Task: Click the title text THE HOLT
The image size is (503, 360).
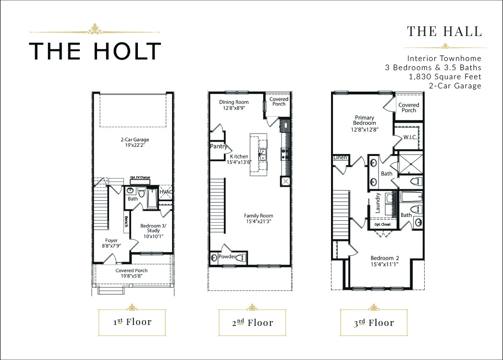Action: pyautogui.click(x=95, y=51)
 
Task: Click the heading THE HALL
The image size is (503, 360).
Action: pyautogui.click(x=444, y=31)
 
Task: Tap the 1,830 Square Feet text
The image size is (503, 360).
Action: pyautogui.click(x=445, y=77)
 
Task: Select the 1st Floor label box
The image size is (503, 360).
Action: pyautogui.click(x=132, y=322)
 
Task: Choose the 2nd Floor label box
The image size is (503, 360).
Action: pyautogui.click(x=252, y=322)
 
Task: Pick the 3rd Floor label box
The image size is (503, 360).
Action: pyautogui.click(x=374, y=322)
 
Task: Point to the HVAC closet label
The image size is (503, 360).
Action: pyautogui.click(x=166, y=192)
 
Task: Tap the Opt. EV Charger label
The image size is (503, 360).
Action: pyautogui.click(x=140, y=177)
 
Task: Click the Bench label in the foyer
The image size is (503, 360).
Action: pyautogui.click(x=126, y=221)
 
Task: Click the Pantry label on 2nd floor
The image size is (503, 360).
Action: pyautogui.click(x=219, y=146)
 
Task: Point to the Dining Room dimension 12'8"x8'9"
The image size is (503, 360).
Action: pyautogui.click(x=234, y=108)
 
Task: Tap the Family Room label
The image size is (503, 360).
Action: pyautogui.click(x=258, y=216)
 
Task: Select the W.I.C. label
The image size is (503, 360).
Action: pyautogui.click(x=410, y=137)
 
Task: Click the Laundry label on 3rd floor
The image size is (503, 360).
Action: pyautogui.click(x=378, y=203)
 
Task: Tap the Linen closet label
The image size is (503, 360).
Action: pyautogui.click(x=340, y=157)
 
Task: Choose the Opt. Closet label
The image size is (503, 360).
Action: pyautogui.click(x=382, y=224)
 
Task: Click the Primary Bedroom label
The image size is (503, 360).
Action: pyautogui.click(x=365, y=120)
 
